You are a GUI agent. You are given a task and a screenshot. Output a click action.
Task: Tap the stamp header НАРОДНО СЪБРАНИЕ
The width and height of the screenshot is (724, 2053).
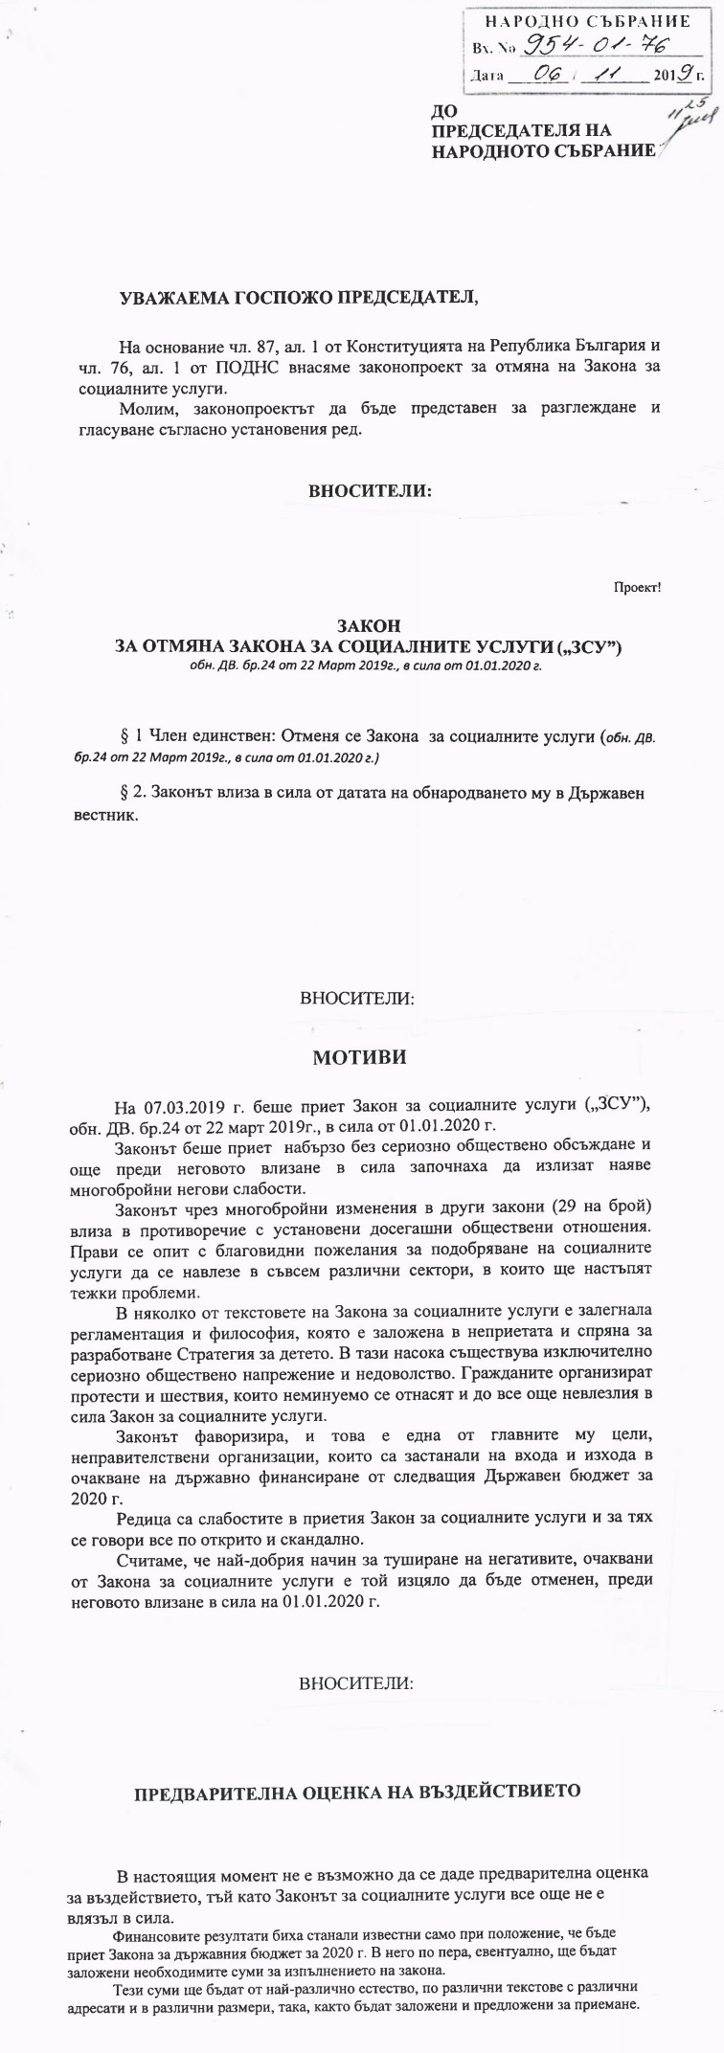pos(588,21)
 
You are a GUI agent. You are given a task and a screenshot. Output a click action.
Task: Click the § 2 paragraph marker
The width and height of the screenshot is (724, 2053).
pos(128,794)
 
